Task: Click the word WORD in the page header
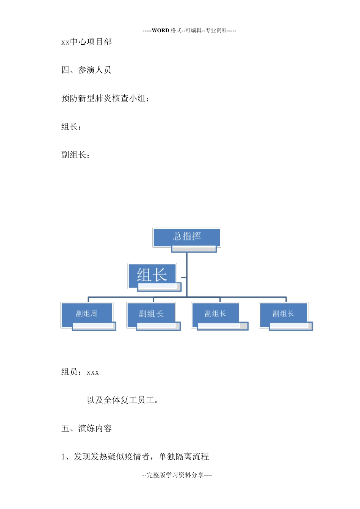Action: click(x=160, y=30)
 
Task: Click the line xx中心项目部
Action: click(x=86, y=42)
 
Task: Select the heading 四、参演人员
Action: click(x=86, y=70)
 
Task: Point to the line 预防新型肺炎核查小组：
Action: click(x=105, y=98)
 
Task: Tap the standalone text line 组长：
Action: click(x=71, y=127)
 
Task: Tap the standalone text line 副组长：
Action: click(x=75, y=155)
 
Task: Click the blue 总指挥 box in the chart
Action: click(x=187, y=237)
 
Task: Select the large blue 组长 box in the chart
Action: click(x=152, y=275)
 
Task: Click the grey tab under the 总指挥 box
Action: click(x=194, y=249)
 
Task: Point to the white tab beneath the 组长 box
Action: click(x=159, y=287)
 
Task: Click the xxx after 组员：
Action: click(x=93, y=372)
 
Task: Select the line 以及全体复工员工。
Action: click(x=122, y=400)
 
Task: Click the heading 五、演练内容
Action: click(x=86, y=428)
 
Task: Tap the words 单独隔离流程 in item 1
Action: click(x=184, y=457)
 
